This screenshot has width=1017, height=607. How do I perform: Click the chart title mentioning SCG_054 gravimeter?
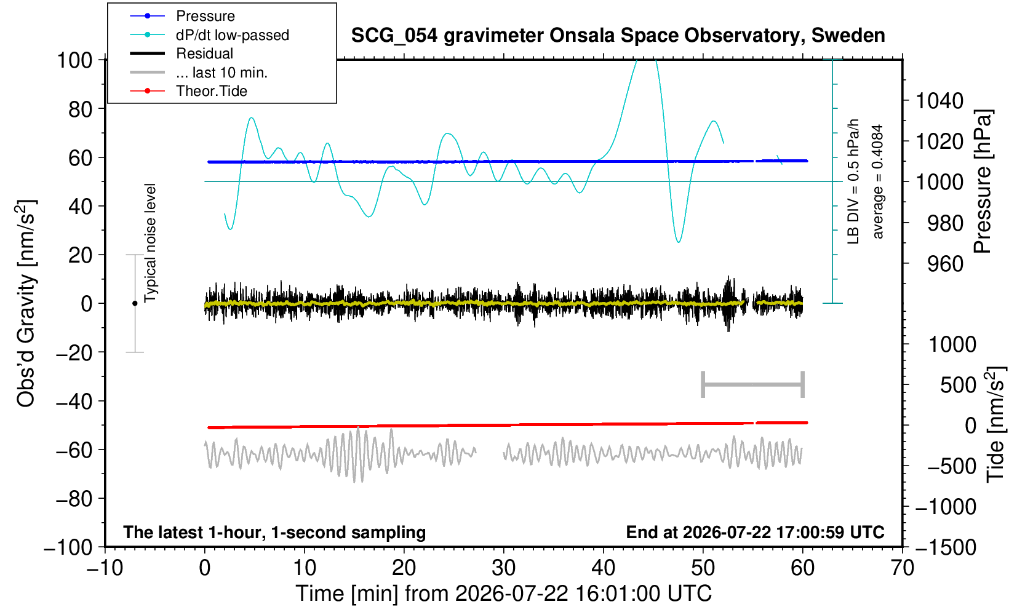618,35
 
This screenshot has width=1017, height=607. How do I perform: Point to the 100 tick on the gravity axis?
74,60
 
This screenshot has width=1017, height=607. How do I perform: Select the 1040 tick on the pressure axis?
939,100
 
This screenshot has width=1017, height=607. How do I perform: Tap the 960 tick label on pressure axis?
945,264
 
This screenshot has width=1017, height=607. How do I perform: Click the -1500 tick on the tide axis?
946,547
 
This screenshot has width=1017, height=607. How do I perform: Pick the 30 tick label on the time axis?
503,568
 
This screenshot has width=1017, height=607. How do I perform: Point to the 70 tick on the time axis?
902,568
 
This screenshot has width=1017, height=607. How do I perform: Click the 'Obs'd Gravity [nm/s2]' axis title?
26,303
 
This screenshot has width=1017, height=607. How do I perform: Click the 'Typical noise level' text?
150,244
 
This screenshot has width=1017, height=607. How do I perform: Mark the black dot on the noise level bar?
135,303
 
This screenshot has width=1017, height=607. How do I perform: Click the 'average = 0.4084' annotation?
877,181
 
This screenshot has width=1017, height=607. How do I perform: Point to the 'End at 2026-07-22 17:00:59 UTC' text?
755,532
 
